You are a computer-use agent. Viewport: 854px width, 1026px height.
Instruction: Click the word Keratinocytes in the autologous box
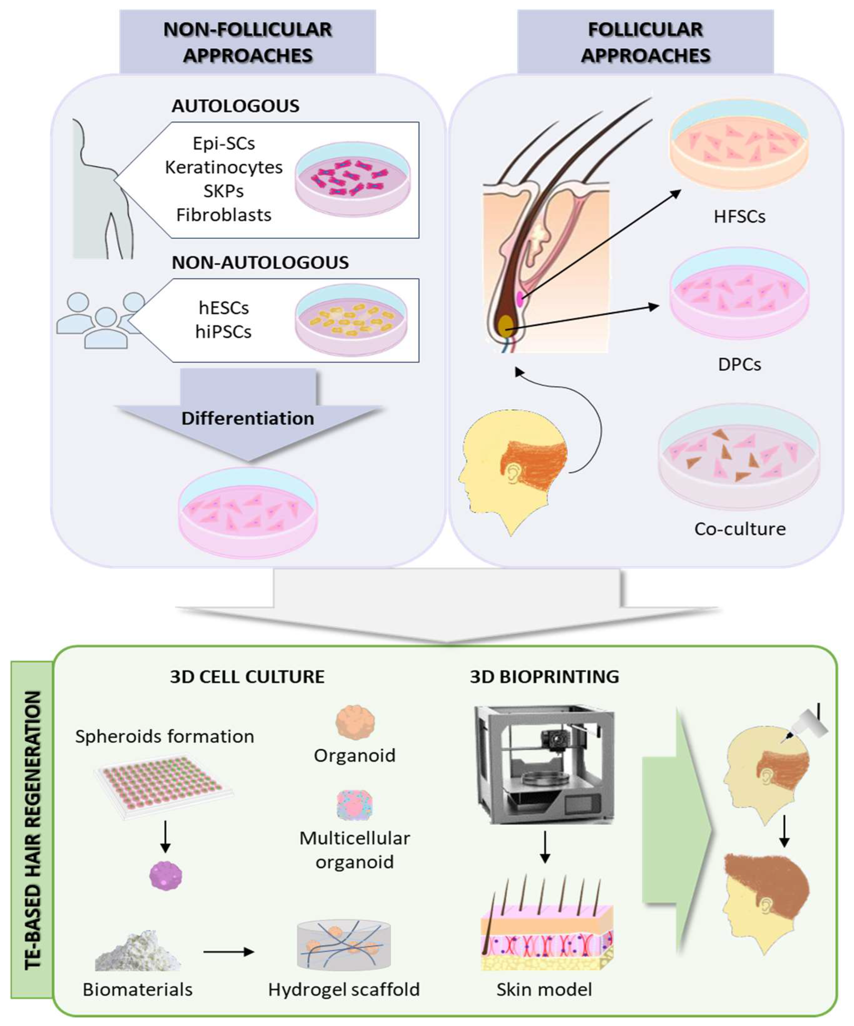tap(224, 167)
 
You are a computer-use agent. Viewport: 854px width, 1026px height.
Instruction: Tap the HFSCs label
tap(739, 217)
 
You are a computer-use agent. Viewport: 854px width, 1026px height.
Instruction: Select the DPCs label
tap(739, 364)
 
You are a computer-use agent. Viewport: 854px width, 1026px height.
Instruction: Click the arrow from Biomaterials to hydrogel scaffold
tap(228, 952)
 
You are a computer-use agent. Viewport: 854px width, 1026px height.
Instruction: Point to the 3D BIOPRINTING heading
tap(544, 677)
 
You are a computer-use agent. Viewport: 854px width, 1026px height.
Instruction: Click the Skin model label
tap(544, 989)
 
